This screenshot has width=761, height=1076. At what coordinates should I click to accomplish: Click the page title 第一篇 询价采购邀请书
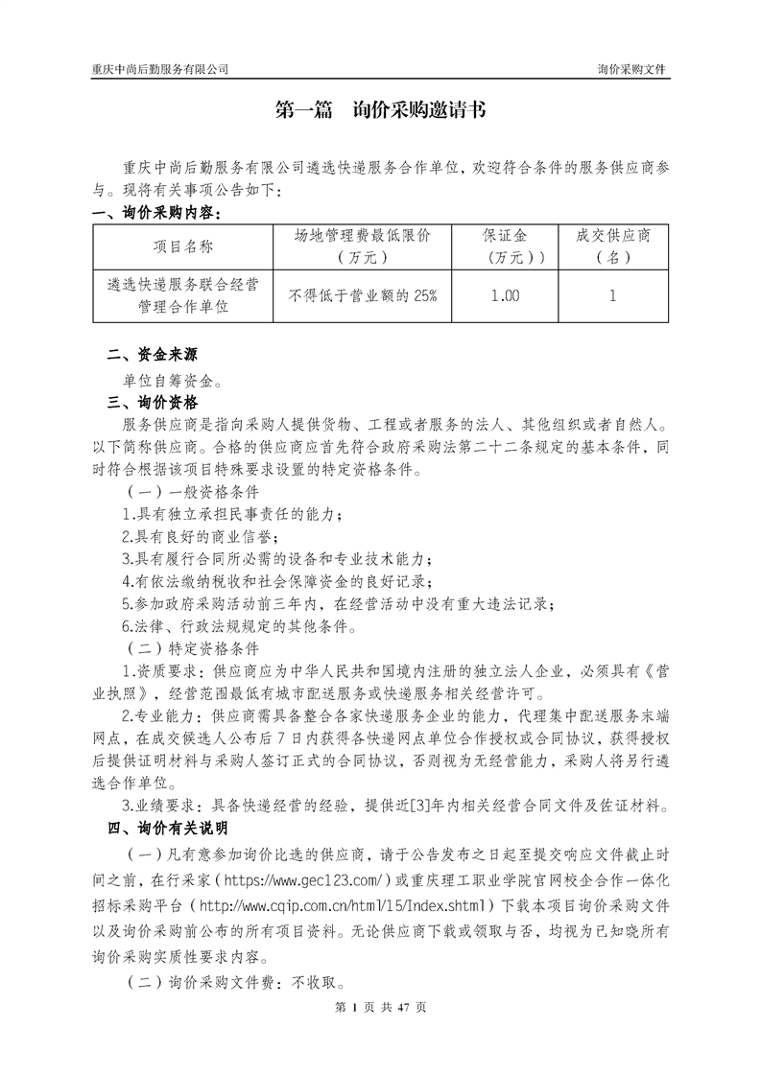tap(380, 111)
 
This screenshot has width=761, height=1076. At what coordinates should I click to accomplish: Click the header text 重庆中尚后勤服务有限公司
tap(159, 70)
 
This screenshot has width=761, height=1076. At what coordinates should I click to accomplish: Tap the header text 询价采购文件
tap(631, 70)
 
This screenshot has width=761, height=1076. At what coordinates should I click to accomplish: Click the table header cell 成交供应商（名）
tap(612, 246)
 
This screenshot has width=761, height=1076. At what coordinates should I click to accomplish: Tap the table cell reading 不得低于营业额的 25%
tap(362, 296)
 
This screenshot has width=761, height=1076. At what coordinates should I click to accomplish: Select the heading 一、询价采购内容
tap(156, 212)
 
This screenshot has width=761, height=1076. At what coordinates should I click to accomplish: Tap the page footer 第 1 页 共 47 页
tap(380, 1007)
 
